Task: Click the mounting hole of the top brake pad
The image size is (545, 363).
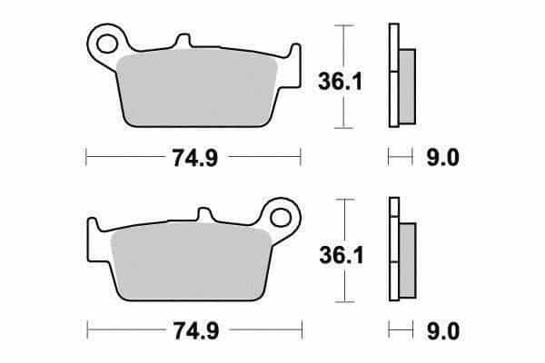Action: (106, 44)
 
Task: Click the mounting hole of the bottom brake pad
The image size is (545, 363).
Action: (281, 218)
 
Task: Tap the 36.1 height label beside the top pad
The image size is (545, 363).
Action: (341, 82)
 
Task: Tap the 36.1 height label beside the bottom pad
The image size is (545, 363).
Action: (342, 255)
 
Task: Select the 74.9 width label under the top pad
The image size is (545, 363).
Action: (195, 157)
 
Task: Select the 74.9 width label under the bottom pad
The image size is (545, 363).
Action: (196, 330)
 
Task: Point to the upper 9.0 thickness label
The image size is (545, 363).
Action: (443, 157)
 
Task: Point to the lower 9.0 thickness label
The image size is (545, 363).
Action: (443, 330)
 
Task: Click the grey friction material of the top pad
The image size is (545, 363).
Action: (197, 89)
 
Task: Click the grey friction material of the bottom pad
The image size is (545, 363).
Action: (191, 262)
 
